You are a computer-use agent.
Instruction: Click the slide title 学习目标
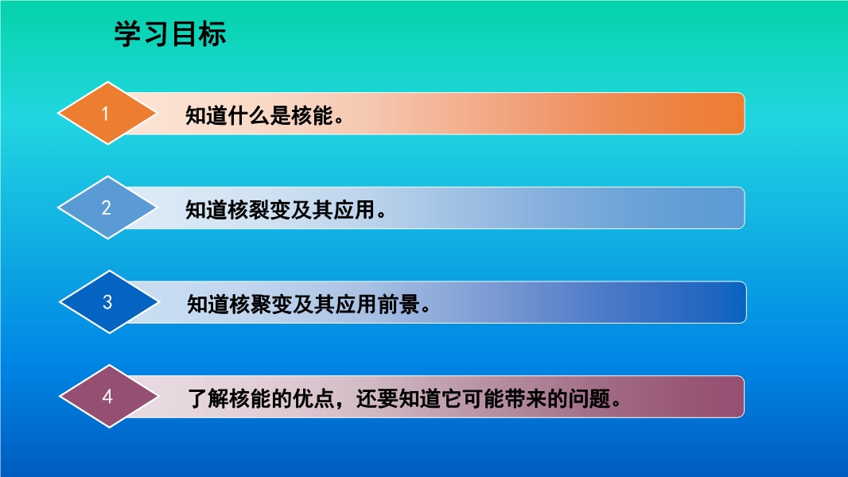pos(169,34)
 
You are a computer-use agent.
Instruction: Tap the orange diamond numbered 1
pos(107,114)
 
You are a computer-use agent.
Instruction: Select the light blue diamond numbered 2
pos(107,207)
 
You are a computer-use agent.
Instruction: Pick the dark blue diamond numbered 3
pos(109,302)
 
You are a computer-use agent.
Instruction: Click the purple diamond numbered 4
pos(109,397)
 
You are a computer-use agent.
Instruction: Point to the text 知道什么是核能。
pos(265,115)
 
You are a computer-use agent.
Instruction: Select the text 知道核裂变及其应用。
pos(286,210)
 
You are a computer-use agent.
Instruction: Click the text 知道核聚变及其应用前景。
pos(309,304)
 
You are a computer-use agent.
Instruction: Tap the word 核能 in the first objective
pos(312,115)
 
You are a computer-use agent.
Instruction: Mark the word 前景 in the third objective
pos(399,304)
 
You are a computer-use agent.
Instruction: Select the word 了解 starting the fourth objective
pos(208,398)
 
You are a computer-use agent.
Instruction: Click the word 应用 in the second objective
pos(354,210)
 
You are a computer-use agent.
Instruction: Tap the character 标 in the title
pos(212,34)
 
